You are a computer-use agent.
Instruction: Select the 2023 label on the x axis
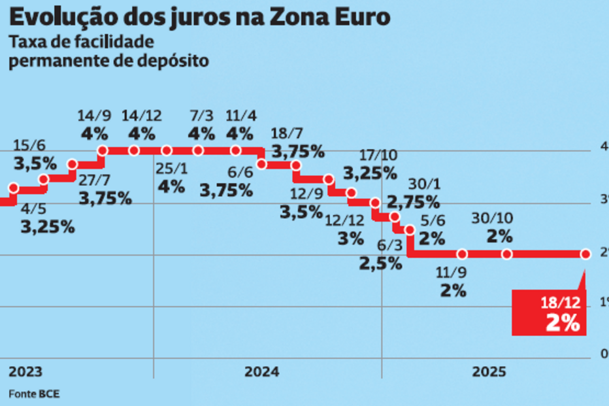(x=25, y=371)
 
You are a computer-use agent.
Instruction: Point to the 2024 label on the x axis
(x=261, y=371)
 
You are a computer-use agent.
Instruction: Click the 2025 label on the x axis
(x=489, y=371)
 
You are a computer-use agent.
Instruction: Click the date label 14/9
(x=94, y=116)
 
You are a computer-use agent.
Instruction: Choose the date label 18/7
(x=290, y=134)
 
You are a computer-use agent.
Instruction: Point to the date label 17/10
(x=378, y=156)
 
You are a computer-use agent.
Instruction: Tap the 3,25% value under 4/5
(x=47, y=227)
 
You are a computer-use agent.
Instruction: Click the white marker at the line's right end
(x=585, y=254)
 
